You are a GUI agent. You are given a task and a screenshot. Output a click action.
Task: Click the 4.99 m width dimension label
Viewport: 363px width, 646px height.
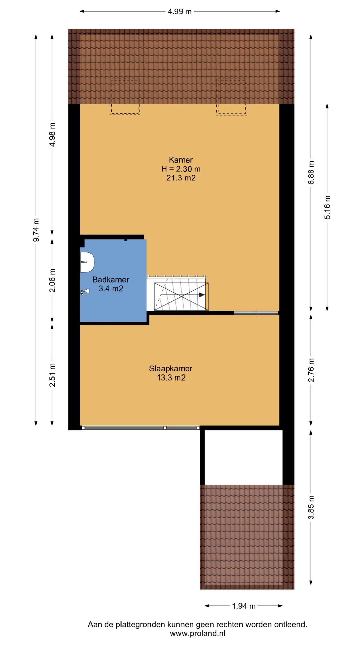click(x=180, y=11)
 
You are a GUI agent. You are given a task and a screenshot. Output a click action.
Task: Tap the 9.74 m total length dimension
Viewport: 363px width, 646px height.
click(x=36, y=230)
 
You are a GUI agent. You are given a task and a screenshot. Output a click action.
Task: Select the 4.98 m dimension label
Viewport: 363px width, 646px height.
click(x=52, y=134)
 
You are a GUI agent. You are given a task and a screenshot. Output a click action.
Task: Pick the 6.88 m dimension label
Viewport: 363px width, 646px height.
click(x=311, y=173)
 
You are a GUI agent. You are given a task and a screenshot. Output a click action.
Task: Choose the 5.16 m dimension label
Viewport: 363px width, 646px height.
click(x=327, y=207)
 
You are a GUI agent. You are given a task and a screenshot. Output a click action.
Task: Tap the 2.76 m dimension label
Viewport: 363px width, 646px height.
click(x=311, y=370)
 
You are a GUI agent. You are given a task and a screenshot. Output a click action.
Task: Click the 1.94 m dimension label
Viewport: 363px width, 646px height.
click(x=244, y=606)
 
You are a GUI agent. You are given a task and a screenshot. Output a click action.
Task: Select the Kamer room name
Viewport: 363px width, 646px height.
click(x=181, y=160)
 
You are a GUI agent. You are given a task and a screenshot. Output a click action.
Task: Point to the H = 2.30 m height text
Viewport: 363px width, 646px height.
click(x=181, y=169)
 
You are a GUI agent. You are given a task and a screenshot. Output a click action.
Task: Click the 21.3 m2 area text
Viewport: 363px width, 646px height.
click(x=181, y=178)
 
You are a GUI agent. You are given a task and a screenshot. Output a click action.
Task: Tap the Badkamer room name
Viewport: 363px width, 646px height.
click(x=111, y=279)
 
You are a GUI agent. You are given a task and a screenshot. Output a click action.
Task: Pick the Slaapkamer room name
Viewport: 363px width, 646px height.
click(x=171, y=368)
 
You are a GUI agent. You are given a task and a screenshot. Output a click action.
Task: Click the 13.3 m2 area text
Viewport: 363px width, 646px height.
click(x=171, y=378)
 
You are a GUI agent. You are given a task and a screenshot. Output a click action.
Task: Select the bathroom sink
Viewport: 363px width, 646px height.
click(x=87, y=262)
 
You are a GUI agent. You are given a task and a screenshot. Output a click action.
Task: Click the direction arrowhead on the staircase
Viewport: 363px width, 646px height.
click(x=202, y=294)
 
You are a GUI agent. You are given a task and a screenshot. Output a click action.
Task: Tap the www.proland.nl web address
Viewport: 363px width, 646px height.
click(x=197, y=633)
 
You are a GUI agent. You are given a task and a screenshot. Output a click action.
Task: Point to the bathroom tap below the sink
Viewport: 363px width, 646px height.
click(x=85, y=292)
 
